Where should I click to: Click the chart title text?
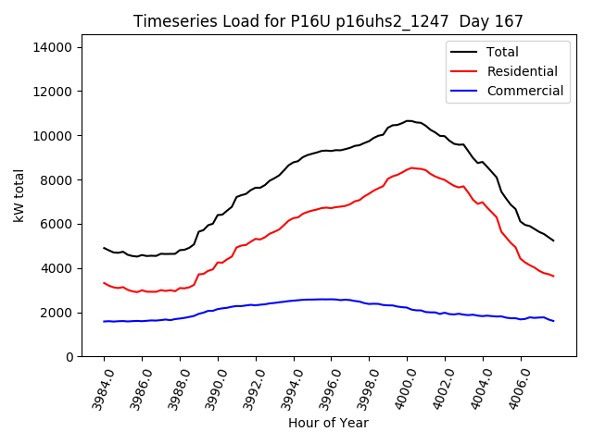(x=328, y=21)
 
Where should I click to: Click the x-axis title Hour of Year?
(x=328, y=423)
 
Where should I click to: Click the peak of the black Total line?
(x=408, y=120)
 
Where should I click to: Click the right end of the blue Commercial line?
(x=553, y=321)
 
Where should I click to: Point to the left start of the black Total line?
(x=104, y=247)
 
